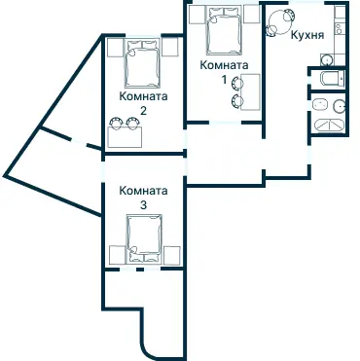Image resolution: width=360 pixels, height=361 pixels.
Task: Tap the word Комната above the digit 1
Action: (223, 65)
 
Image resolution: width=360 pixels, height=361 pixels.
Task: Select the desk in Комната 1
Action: (250, 93)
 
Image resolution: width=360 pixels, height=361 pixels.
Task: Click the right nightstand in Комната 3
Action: (170, 256)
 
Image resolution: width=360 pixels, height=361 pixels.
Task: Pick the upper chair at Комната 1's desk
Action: (236, 84)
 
